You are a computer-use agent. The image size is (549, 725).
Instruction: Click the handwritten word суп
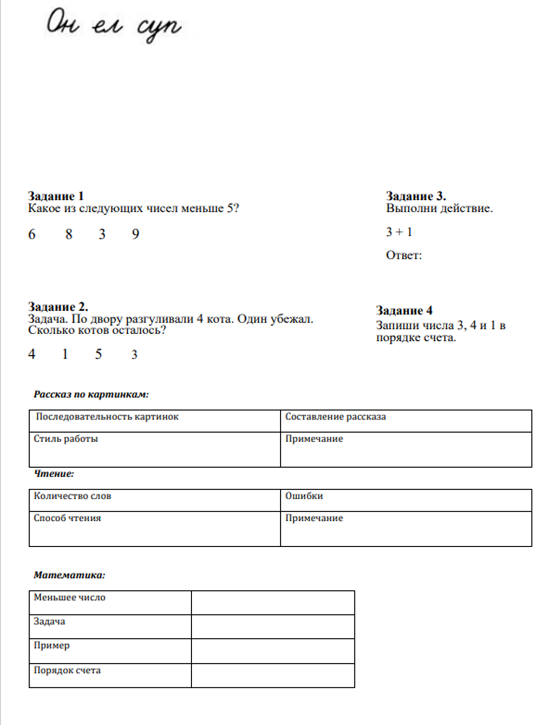pos(159,27)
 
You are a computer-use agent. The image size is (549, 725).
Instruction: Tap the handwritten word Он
pos(63,23)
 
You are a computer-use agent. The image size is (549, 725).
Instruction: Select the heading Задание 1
pos(56,196)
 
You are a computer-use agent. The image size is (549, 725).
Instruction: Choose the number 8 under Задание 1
pos(69,234)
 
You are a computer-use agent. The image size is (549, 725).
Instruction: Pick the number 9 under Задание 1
pos(135,234)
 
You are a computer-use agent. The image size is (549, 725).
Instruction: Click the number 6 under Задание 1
pos(32,234)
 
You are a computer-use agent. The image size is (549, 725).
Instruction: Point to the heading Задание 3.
pos(416,196)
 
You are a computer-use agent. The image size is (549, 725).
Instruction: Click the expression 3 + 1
pos(399,232)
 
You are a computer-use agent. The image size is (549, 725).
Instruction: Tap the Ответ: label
pos(403,255)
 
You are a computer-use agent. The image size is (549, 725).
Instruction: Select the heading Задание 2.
pos(58,307)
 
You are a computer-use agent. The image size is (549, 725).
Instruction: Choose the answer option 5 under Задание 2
pos(99,354)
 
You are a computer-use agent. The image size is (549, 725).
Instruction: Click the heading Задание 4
pos(404,310)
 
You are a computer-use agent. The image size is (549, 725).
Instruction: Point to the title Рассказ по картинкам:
pos(91,394)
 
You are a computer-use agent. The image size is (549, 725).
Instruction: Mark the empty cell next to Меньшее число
pos(273,603)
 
